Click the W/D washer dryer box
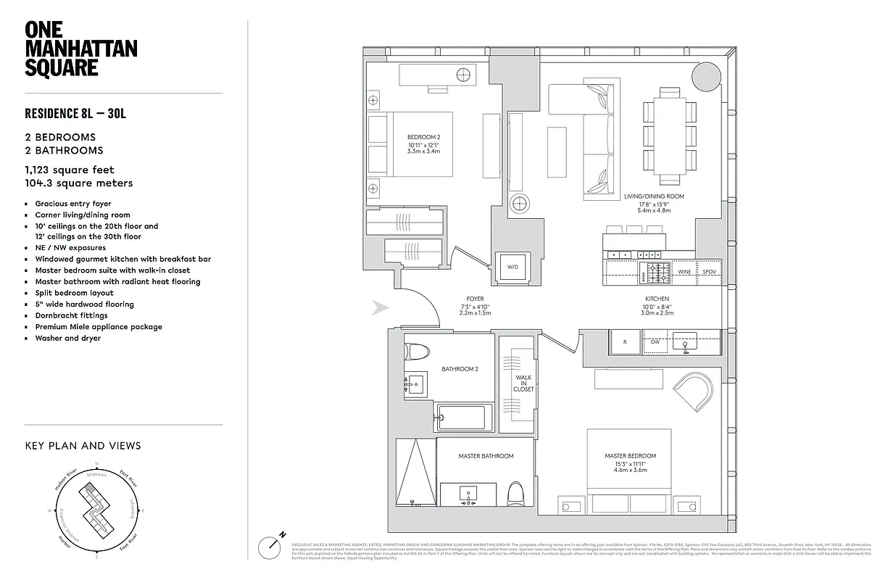(x=513, y=267)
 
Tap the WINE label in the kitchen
(x=684, y=272)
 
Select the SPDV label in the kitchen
(x=709, y=272)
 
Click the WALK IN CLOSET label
(x=523, y=384)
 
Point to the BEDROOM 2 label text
(x=423, y=137)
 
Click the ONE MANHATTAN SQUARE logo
(x=80, y=49)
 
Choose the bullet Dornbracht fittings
(x=71, y=315)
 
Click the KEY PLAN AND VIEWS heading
(x=83, y=446)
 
